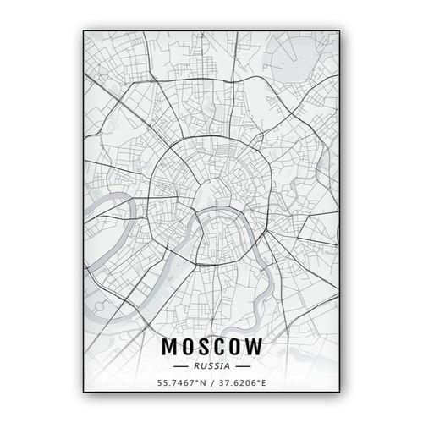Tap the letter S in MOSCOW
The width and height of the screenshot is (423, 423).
tap(203, 348)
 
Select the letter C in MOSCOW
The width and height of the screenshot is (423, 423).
tap(219, 348)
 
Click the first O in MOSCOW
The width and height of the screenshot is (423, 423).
tap(186, 348)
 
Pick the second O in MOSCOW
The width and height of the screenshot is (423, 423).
tap(236, 348)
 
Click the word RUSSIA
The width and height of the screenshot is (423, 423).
tap(211, 366)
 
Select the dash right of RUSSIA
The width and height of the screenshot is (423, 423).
tap(243, 366)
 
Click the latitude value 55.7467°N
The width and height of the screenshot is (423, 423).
tap(179, 383)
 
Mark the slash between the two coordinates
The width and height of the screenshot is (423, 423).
tap(211, 383)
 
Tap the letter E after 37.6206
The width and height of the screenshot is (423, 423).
tap(263, 383)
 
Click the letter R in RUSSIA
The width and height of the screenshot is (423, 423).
tap(196, 366)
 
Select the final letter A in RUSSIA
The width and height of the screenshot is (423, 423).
tap(226, 366)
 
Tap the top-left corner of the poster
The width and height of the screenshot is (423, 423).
tap(83, 31)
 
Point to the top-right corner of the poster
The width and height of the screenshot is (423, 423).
tap(340, 31)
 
